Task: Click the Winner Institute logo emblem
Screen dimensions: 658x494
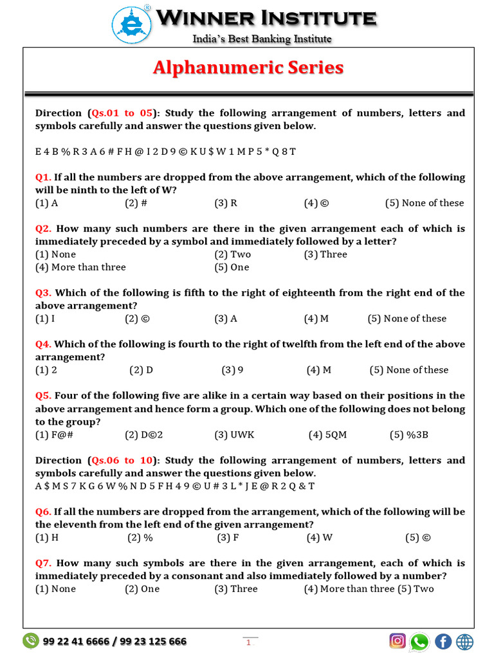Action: tap(133, 24)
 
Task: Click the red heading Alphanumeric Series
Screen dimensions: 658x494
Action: tap(248, 67)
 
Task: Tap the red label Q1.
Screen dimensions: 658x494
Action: tap(43, 177)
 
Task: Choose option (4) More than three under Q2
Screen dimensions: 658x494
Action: tap(80, 267)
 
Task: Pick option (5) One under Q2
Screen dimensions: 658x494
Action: tap(232, 267)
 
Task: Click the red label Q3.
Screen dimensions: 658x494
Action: tap(43, 293)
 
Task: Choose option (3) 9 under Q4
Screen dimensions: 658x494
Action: tap(232, 370)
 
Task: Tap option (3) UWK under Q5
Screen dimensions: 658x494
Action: tap(234, 435)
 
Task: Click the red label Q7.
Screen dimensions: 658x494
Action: tap(43, 564)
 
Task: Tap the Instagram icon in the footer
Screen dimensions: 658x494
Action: tap(398, 641)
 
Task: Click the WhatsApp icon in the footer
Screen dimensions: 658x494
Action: tap(419, 641)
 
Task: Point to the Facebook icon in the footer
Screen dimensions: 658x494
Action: tap(443, 641)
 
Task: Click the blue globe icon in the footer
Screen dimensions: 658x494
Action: tap(464, 641)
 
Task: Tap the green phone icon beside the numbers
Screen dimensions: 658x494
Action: tap(30, 641)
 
